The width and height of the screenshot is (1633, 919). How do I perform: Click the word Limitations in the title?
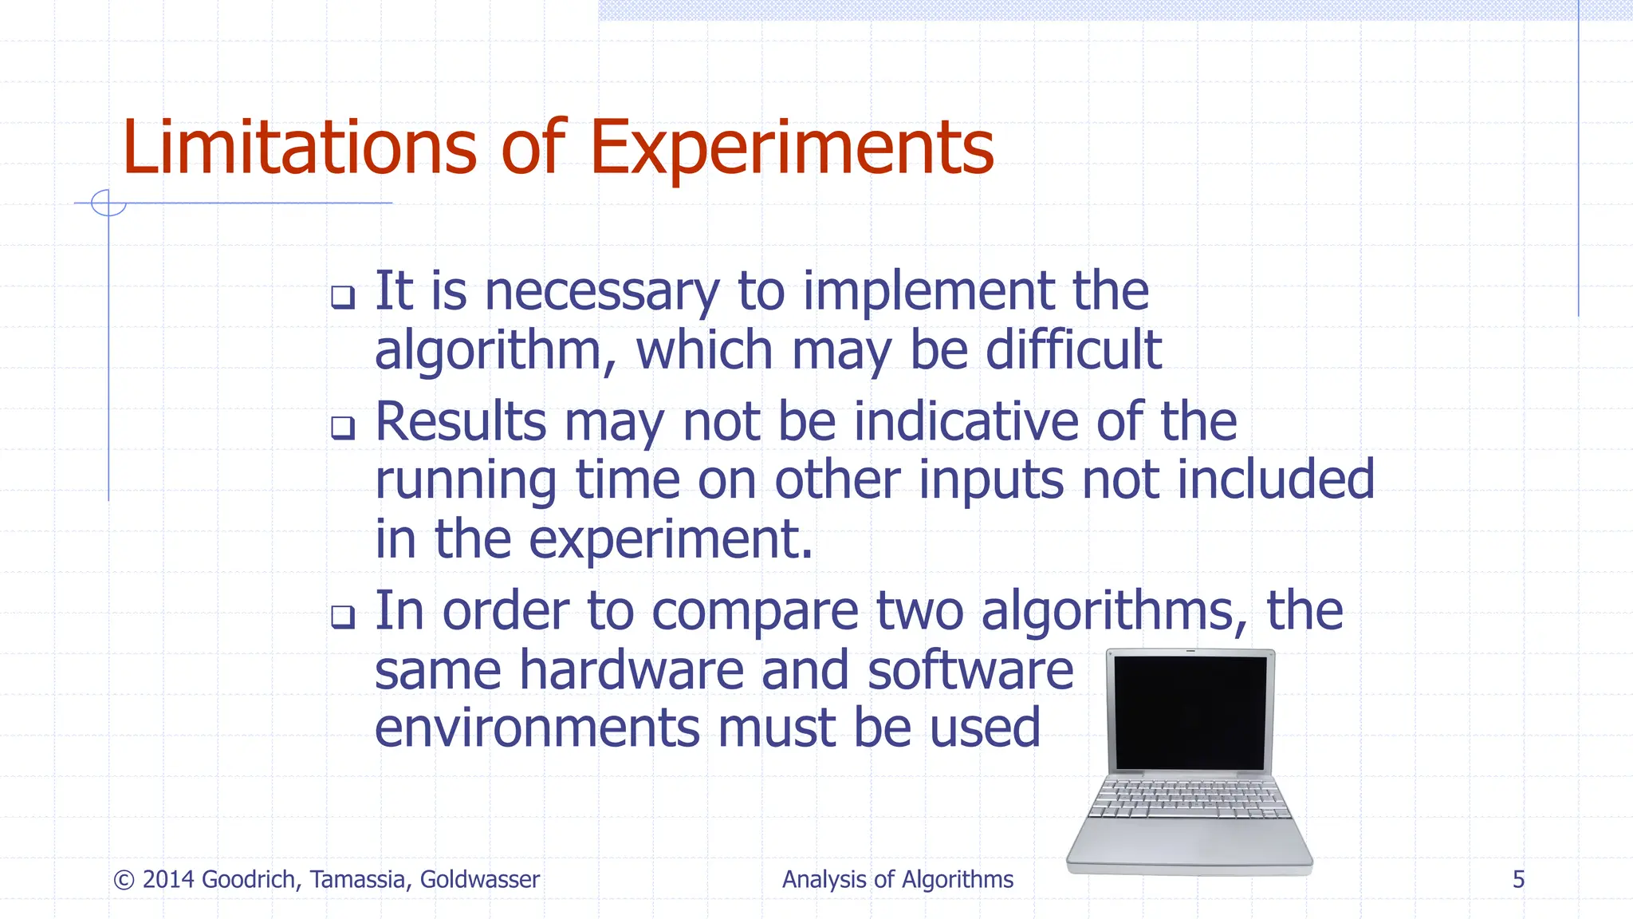click(299, 148)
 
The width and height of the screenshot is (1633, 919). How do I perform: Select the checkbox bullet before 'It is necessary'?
click(343, 297)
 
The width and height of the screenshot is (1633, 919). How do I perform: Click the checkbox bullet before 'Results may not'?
click(343, 428)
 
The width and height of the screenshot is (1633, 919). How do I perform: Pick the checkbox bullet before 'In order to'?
click(343, 617)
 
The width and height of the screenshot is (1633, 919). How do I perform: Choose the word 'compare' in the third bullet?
click(754, 612)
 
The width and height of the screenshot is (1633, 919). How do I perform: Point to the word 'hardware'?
click(632, 670)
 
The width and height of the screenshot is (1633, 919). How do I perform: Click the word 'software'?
click(970, 670)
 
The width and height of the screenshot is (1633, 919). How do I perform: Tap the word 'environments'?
click(537, 728)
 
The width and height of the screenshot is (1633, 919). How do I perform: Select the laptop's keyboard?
click(1190, 799)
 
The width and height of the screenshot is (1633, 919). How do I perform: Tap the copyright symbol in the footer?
click(124, 880)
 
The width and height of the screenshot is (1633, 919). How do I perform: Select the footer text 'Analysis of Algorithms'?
click(897, 880)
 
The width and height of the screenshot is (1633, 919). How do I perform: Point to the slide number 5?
click(1518, 880)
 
